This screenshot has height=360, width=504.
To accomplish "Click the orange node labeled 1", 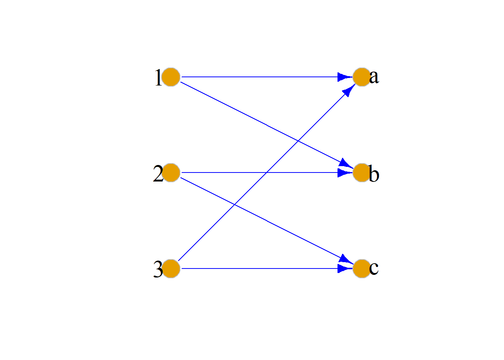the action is click(171, 77).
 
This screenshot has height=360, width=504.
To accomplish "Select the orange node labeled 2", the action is click(171, 172).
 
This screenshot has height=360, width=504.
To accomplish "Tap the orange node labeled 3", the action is click(171, 268).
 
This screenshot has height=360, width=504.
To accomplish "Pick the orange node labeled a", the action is click(362, 77).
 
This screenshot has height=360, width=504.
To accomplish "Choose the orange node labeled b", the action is click(362, 172).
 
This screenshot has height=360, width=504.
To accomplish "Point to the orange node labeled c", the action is click(362, 268).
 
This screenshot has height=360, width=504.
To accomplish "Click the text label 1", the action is click(158, 77).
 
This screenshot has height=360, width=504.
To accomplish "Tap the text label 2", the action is click(158, 173).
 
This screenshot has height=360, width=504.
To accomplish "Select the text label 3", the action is click(158, 269).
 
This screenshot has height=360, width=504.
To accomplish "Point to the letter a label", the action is click(374, 77).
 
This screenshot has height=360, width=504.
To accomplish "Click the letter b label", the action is click(374, 173).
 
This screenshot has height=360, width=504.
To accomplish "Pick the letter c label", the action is click(374, 268).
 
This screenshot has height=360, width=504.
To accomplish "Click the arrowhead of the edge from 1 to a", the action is click(345, 77).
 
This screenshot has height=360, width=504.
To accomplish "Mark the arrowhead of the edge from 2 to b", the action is click(345, 172).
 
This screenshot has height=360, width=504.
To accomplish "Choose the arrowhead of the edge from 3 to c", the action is click(345, 268).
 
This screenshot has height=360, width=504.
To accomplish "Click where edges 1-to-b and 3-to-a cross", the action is click(298, 141).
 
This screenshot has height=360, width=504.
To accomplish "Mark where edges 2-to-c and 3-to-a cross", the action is click(234, 205).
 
